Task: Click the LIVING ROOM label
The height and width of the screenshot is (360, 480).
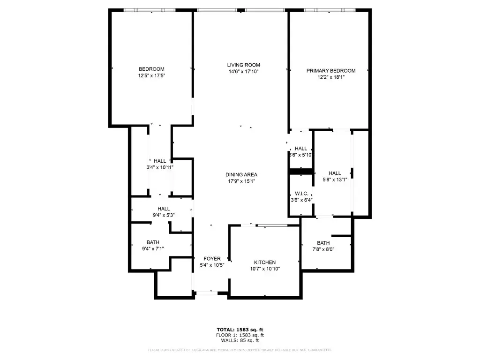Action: [243, 65]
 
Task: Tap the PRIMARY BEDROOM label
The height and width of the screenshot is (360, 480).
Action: [331, 71]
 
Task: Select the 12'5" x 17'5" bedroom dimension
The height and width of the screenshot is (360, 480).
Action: [151, 75]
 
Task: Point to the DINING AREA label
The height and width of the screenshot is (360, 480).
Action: [241, 175]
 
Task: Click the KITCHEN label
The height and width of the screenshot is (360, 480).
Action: [265, 262]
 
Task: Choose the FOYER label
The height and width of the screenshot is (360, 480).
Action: [211, 259]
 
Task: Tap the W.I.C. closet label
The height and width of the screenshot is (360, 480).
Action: [300, 194]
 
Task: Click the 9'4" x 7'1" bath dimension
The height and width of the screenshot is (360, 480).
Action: [153, 249]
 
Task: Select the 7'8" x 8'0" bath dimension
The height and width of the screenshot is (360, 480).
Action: [323, 249]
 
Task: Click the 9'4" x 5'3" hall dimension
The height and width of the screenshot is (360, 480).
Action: [164, 215]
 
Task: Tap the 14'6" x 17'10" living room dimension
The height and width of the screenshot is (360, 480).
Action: [243, 72]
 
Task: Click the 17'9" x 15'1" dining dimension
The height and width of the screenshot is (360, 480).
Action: [241, 181]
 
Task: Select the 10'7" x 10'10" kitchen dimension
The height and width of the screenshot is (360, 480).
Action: [265, 269]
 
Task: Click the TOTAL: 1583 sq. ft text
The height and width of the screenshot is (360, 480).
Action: [240, 330]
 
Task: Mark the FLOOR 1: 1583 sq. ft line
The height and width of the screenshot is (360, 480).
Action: [240, 335]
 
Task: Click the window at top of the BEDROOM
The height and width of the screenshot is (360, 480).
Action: [150, 10]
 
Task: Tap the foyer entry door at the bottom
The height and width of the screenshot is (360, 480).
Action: [206, 293]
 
